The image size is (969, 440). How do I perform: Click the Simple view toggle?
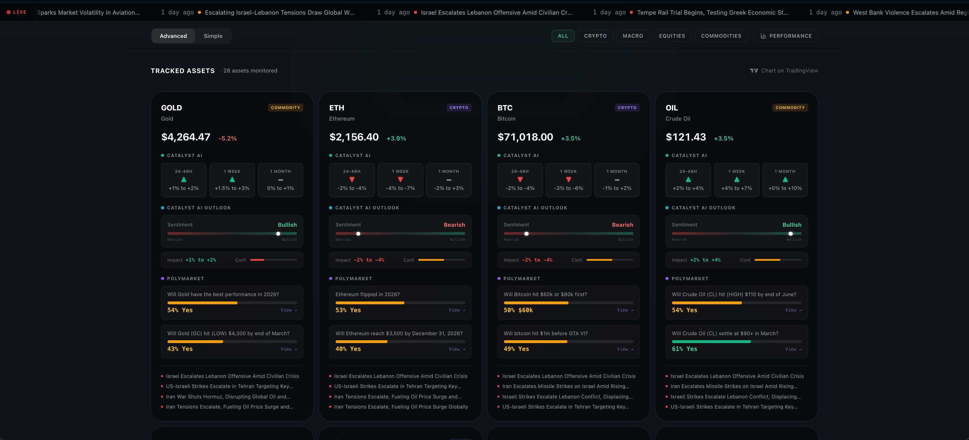213,36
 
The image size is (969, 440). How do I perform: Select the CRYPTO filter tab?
595,36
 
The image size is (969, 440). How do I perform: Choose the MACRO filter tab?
633,36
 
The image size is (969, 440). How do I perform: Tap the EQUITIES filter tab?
672,36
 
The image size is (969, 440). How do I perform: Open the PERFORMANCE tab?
786,36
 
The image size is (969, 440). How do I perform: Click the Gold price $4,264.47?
185,137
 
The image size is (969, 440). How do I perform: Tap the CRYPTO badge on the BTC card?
627,108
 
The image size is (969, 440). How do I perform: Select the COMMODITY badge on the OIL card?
790,108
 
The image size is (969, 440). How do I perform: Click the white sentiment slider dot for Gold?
278,233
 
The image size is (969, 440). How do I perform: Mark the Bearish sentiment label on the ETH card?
454,224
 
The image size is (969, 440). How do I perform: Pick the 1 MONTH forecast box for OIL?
785,180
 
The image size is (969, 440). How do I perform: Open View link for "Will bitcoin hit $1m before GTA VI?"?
624,349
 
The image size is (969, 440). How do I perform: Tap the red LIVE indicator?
17,12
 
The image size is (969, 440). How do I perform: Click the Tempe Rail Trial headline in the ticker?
712,12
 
